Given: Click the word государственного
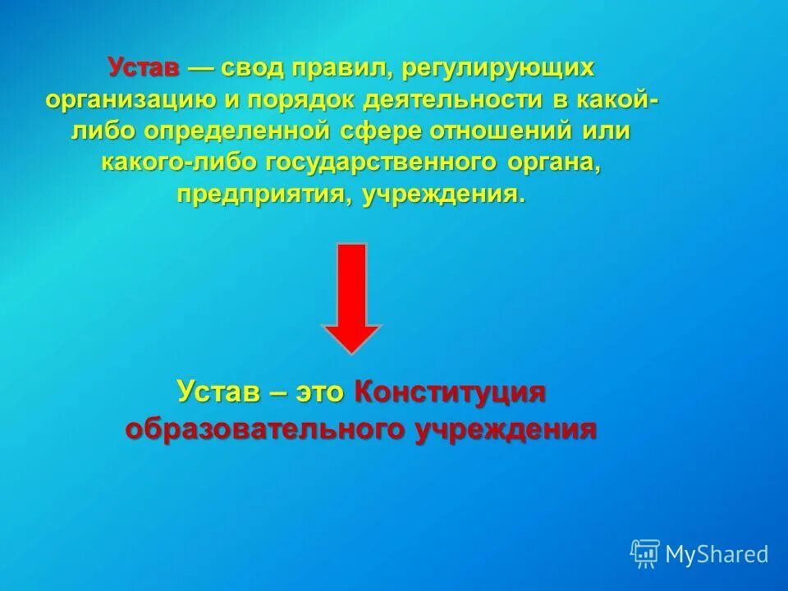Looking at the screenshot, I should click(x=382, y=163).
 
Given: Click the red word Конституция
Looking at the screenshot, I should click(x=450, y=392).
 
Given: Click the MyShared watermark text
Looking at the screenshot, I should click(x=717, y=554).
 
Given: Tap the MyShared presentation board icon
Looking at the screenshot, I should click(x=645, y=554).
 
